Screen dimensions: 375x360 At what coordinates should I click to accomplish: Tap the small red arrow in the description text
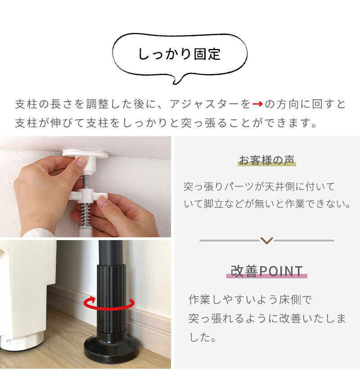(x=257, y=104)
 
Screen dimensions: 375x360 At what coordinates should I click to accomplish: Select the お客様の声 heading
(x=267, y=160)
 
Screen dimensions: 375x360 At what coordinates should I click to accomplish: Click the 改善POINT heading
(x=267, y=271)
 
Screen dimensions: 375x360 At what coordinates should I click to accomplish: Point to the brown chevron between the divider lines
(x=266, y=241)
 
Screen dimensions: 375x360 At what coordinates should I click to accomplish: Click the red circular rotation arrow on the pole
(x=109, y=304)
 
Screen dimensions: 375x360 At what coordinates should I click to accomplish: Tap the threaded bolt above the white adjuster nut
(x=85, y=180)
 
